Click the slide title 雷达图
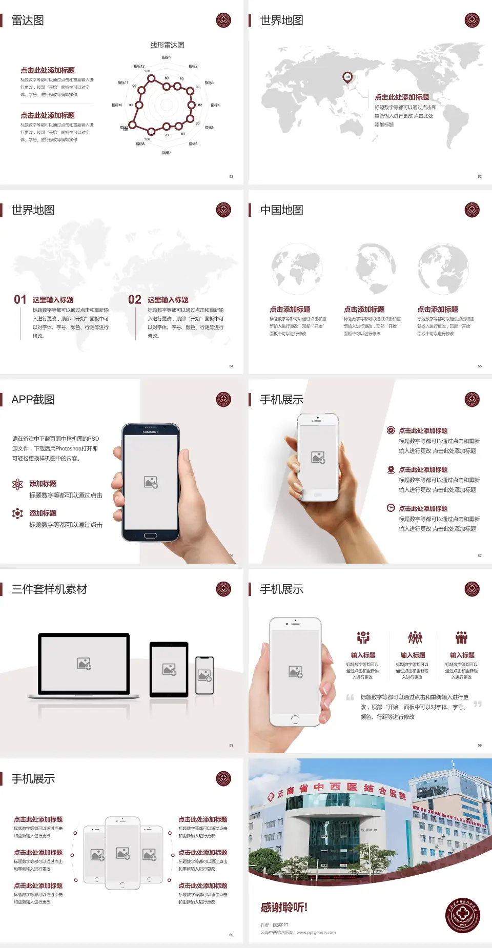coord(28,20)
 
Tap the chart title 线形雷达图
coord(167,45)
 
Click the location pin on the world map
coord(347,77)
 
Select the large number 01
coord(20,300)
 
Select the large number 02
coord(135,300)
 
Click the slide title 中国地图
coord(281,210)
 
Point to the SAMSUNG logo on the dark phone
coord(151,432)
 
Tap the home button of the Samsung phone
coord(150,535)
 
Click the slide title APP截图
coord(33,400)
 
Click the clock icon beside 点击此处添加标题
coord(391,508)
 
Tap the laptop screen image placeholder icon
coord(84,664)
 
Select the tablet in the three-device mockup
coord(169,669)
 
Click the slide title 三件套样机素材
coord(49,589)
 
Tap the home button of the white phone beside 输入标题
coord(295,719)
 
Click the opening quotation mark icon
coord(350,697)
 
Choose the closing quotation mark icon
coord(478,704)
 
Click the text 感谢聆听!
coord(284,908)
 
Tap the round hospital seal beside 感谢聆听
coord(463,915)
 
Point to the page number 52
coord(231,176)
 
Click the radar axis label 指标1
coord(167,57)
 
